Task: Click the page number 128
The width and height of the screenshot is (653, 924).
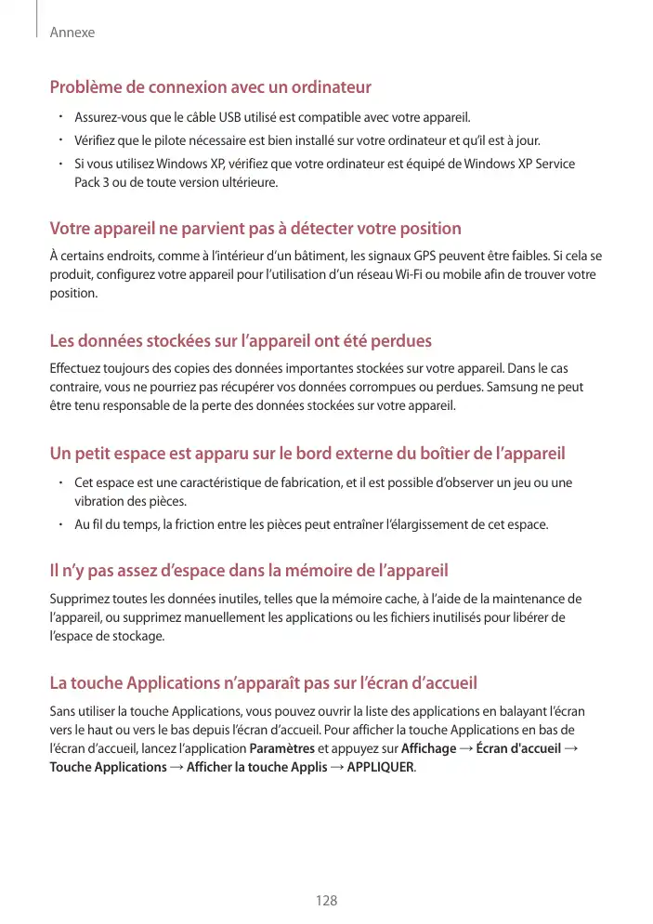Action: [326, 901]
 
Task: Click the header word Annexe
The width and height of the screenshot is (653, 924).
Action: [72, 33]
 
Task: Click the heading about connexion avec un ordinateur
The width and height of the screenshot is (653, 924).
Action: [210, 88]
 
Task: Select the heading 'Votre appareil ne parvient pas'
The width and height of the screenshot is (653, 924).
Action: [255, 229]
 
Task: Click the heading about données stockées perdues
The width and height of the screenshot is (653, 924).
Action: [241, 341]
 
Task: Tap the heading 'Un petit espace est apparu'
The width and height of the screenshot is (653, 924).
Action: [307, 455]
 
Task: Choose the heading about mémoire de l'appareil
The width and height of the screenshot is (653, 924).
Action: [249, 569]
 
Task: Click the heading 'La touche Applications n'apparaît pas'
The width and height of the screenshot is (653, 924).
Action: [263, 683]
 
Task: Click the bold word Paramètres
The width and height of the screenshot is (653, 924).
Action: [282, 748]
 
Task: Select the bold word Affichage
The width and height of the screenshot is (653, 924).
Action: [428, 748]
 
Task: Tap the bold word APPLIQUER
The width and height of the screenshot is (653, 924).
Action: [382, 767]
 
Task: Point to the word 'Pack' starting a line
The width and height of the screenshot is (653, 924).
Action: [87, 182]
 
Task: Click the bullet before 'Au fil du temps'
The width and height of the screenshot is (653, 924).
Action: [58, 524]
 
